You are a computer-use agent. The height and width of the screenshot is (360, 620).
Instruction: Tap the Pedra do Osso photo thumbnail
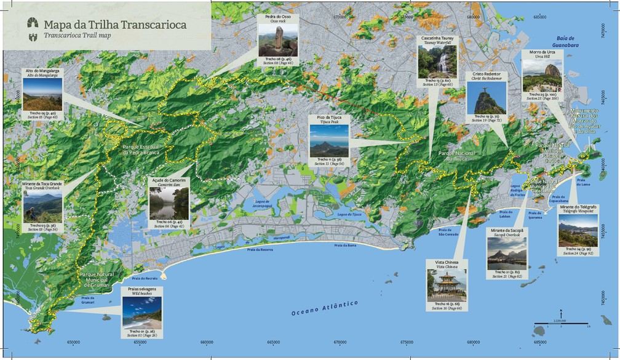(275, 41)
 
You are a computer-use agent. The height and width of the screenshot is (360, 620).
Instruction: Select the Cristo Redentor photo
(486, 98)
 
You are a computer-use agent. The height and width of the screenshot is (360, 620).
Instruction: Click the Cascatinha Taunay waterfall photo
(437, 62)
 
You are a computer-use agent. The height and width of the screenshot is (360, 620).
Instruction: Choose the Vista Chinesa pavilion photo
(447, 286)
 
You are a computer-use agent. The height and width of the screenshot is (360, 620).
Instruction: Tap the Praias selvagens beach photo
(141, 312)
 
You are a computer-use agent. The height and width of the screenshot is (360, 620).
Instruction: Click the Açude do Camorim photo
(169, 203)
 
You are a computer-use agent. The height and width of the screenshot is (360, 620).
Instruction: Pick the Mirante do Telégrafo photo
(578, 230)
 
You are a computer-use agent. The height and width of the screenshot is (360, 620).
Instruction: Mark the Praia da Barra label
(345, 246)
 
